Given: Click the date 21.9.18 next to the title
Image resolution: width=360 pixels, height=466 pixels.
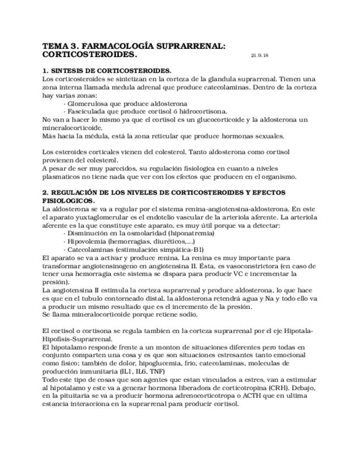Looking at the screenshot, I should pos(259,56).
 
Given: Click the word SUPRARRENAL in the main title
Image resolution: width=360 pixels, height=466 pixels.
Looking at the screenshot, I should pos(187,47).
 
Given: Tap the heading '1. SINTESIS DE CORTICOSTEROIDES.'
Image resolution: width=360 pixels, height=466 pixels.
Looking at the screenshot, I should pos(107,71).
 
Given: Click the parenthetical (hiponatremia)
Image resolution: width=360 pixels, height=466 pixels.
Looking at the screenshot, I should pos(190,233).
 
